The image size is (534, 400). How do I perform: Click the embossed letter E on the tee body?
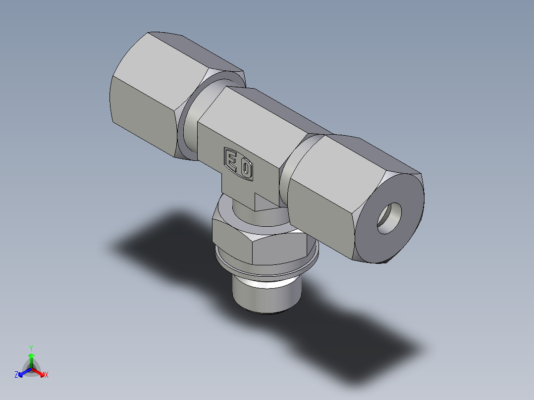[231, 160]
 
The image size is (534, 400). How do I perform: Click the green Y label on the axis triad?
[31, 348]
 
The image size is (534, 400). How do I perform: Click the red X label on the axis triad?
[47, 375]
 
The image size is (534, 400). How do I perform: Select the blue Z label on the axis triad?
[16, 375]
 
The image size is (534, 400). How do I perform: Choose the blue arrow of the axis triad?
[23, 372]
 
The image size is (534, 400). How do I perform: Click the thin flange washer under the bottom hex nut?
[267, 267]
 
